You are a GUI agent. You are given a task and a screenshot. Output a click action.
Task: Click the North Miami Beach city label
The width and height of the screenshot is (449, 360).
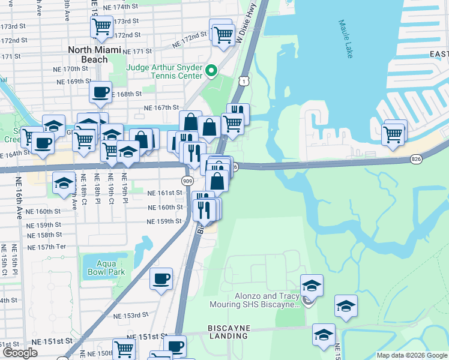(88, 55)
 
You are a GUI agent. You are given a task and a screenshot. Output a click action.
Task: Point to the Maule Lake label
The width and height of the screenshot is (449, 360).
(346, 39)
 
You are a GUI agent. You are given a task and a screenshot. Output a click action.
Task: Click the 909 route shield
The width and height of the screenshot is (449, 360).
(187, 180)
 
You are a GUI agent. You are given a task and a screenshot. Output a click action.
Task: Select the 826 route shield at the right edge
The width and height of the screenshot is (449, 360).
(416, 159)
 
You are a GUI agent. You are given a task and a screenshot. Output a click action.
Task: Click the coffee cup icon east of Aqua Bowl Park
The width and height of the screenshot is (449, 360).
(161, 278)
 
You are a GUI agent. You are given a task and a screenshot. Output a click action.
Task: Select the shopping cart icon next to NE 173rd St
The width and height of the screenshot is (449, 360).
(102, 26)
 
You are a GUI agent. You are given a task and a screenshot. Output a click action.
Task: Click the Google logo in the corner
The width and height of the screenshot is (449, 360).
(19, 353)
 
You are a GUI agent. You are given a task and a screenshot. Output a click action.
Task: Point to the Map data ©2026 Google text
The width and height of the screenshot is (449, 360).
(411, 355)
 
